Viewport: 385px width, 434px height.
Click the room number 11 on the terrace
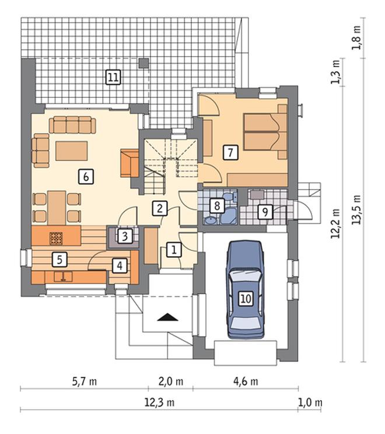tap(113, 77)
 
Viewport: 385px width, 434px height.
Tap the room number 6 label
tap(86, 177)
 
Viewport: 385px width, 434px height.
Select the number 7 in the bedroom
tap(230, 152)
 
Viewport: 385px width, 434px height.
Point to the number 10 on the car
tap(246, 299)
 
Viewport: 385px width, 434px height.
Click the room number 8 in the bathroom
tap(217, 206)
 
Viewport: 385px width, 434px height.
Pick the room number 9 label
tap(265, 212)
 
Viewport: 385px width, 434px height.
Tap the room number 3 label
tap(125, 236)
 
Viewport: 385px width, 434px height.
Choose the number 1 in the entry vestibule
tap(174, 250)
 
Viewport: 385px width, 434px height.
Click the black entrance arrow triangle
tap(167, 317)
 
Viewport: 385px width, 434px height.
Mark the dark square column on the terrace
tap(143, 63)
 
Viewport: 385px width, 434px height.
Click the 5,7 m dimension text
tap(85, 381)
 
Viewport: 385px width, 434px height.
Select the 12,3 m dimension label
tap(159, 402)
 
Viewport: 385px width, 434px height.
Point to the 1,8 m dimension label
tap(356, 38)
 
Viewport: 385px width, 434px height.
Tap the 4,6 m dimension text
tap(246, 381)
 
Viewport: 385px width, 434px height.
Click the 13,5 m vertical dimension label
tap(356, 209)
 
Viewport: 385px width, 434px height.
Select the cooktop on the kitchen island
tap(56, 239)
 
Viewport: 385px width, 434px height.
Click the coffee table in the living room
tap(72, 151)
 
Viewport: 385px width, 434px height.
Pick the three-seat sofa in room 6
tap(72, 125)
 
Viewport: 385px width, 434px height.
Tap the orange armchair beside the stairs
tap(129, 163)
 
